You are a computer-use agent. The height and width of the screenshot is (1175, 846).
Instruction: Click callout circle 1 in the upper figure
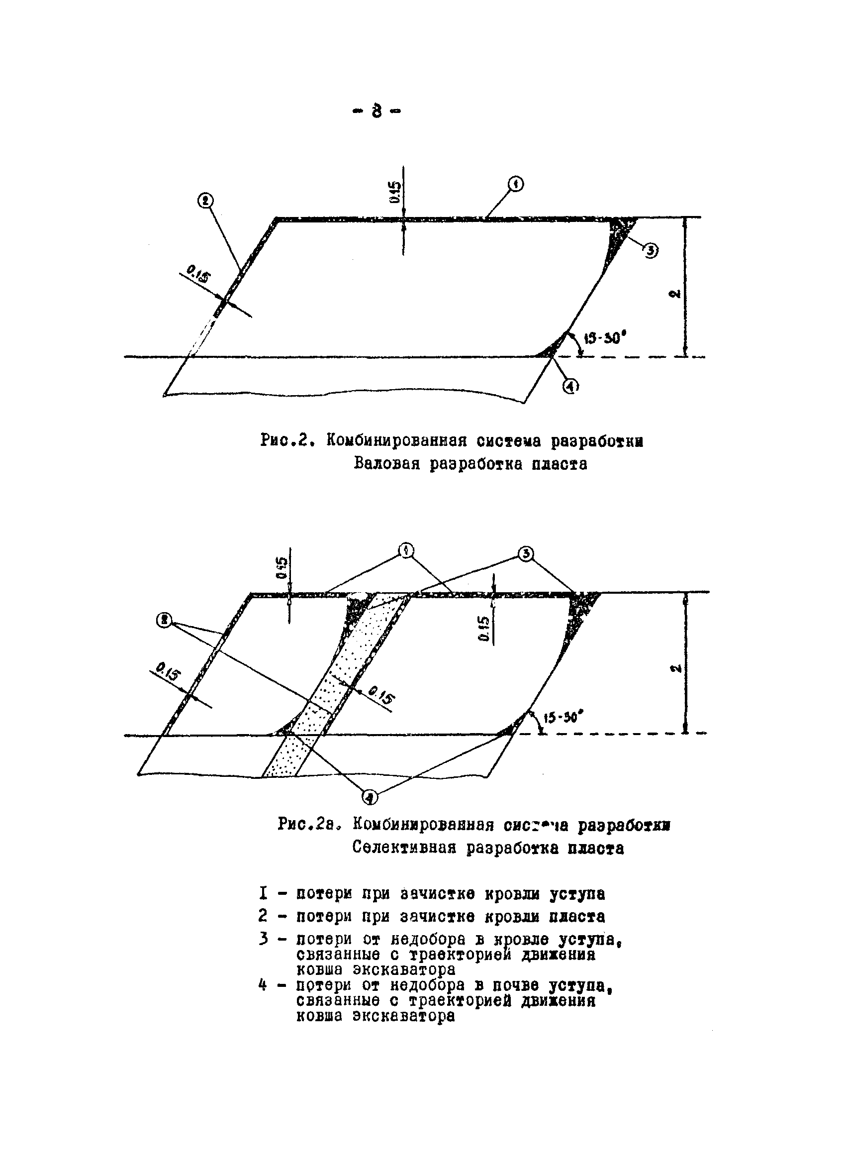(x=515, y=184)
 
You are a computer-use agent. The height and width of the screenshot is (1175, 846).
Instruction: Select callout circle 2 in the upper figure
(x=205, y=201)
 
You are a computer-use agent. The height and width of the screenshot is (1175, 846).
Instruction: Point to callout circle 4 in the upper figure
(x=570, y=386)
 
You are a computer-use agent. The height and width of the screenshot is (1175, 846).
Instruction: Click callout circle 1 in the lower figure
(x=406, y=550)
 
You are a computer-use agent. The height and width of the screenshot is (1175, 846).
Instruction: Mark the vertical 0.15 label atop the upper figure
(x=395, y=192)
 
